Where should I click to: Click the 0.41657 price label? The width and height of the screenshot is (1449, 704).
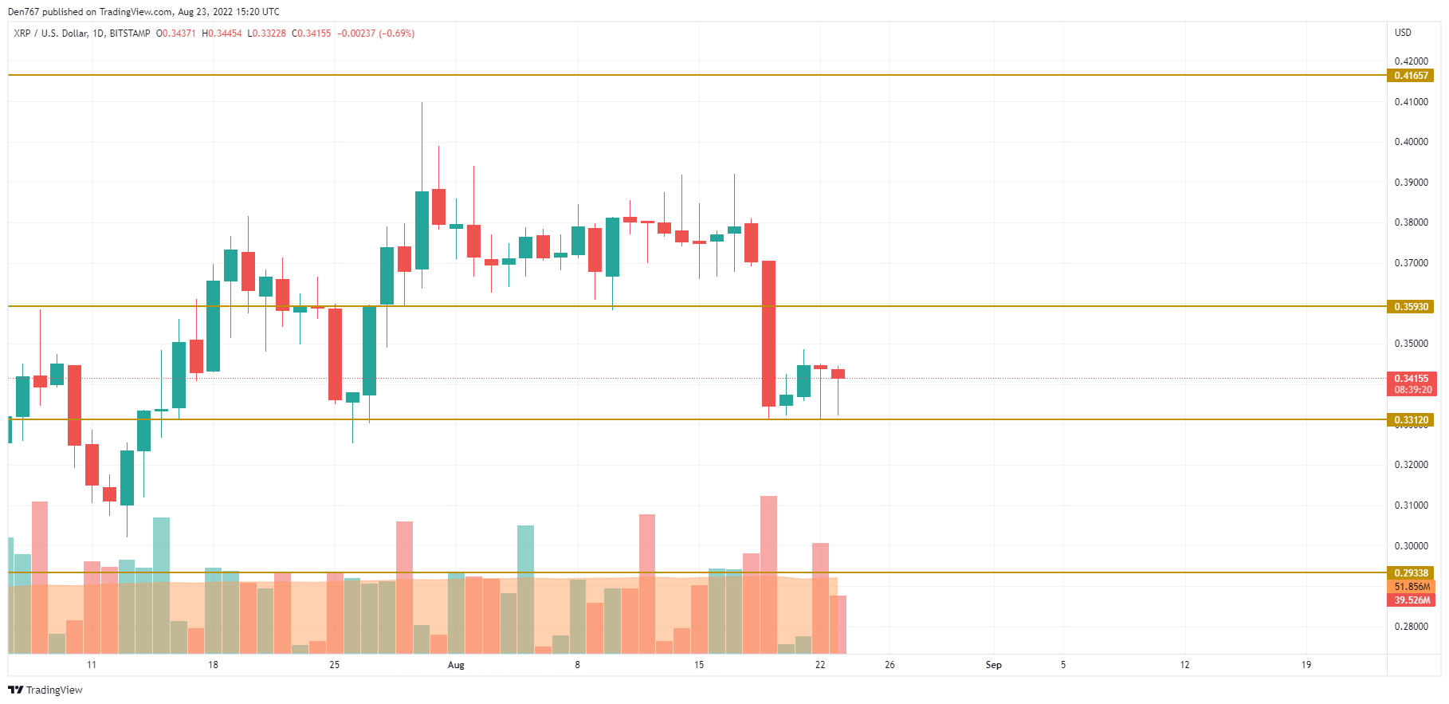[1410, 76]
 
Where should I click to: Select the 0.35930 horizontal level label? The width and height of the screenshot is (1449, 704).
[1410, 307]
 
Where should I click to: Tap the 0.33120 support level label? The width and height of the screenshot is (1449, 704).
[1410, 420]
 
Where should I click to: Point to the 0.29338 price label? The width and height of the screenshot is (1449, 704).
[1410, 573]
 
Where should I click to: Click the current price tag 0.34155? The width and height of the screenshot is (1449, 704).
[1410, 379]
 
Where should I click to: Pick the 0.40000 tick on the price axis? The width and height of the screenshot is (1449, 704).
[1411, 142]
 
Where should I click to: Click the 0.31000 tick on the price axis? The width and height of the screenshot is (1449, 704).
[1411, 505]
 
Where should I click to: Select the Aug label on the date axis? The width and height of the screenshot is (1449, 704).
[456, 665]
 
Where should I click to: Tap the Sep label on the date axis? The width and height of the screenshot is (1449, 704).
[993, 665]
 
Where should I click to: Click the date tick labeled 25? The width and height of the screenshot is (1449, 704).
[334, 665]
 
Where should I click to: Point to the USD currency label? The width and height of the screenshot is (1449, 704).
[1403, 33]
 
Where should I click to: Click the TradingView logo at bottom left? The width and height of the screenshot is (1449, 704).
[45, 690]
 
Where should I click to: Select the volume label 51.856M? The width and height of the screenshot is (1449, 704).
[1412, 587]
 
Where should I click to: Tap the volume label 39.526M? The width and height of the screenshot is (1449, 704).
[1412, 600]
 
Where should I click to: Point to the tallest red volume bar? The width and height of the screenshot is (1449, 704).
[768, 574]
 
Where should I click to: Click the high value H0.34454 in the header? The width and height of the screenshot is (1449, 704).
[222, 33]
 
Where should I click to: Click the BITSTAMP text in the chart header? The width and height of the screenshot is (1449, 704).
[130, 33]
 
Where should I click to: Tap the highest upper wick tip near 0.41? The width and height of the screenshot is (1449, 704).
[422, 103]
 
